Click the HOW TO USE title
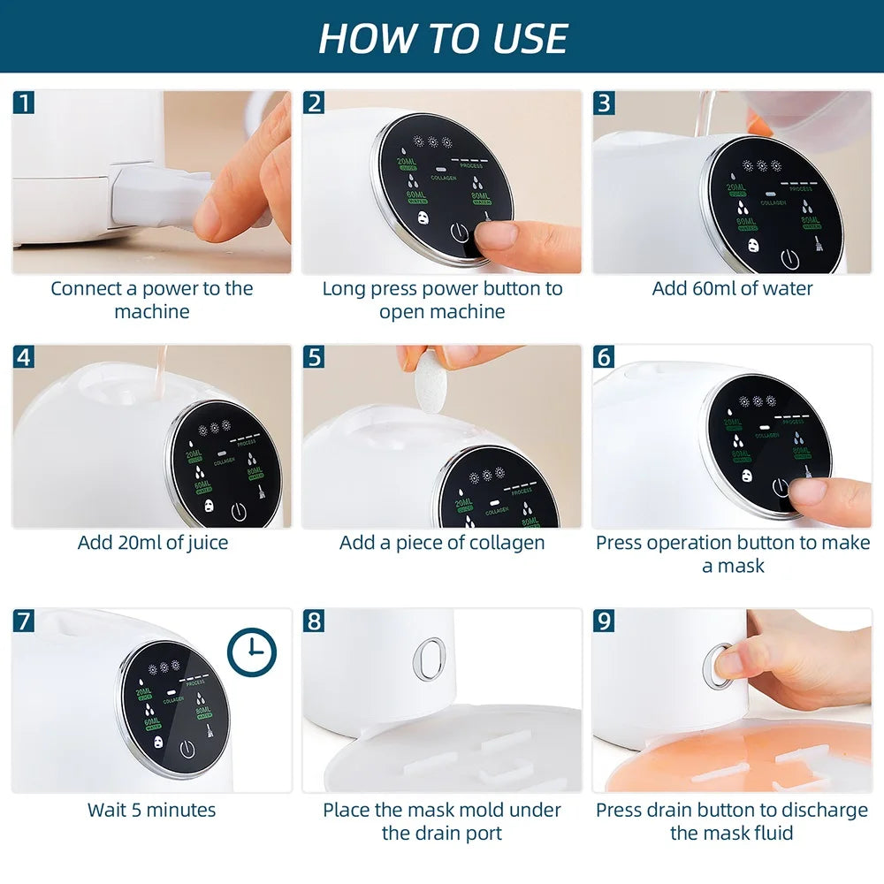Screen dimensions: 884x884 [x=442, y=37]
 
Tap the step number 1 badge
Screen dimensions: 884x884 [x=25, y=103]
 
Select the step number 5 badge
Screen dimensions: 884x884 [x=315, y=357]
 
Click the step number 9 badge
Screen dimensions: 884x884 [x=605, y=621]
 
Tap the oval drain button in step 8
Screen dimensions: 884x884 [x=429, y=659]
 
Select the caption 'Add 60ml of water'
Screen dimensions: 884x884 [x=732, y=288]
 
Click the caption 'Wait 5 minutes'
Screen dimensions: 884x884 [x=151, y=809]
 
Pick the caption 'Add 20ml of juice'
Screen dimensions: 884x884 [x=152, y=542]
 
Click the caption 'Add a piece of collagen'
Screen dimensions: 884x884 [x=442, y=542]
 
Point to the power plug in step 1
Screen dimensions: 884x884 [x=159, y=192]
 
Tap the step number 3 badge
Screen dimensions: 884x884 [x=605, y=103]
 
